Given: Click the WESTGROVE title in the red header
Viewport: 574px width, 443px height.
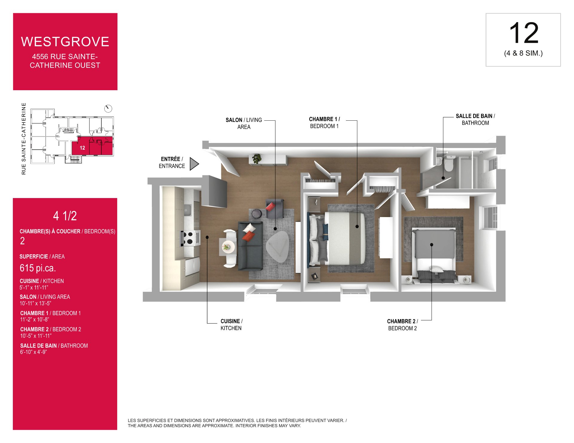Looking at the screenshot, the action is (x=65, y=42).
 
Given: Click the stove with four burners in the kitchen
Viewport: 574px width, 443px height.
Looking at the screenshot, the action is (x=191, y=238).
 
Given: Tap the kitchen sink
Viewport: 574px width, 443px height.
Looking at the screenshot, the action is (x=187, y=210).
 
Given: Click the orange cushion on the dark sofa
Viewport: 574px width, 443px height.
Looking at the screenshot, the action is (x=248, y=236).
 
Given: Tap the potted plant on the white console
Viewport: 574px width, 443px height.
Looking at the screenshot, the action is (x=257, y=159).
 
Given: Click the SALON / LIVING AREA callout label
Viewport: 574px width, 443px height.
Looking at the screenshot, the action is (x=244, y=123).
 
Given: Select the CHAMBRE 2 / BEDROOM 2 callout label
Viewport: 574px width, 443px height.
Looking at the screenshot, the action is (x=402, y=325).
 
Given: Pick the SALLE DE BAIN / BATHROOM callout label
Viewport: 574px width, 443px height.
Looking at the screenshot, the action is (x=475, y=119).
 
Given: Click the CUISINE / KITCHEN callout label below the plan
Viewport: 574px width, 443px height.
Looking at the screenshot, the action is (x=231, y=325).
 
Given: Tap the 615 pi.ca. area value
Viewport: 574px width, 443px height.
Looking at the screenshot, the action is (x=38, y=268).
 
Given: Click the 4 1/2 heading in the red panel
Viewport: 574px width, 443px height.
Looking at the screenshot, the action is (x=65, y=216).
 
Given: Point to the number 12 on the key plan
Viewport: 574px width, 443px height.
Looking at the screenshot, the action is (x=82, y=148).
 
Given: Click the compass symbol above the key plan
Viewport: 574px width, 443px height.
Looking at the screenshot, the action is (x=108, y=108).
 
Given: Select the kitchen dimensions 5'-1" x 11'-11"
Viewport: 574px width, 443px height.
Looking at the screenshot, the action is (x=34, y=287).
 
